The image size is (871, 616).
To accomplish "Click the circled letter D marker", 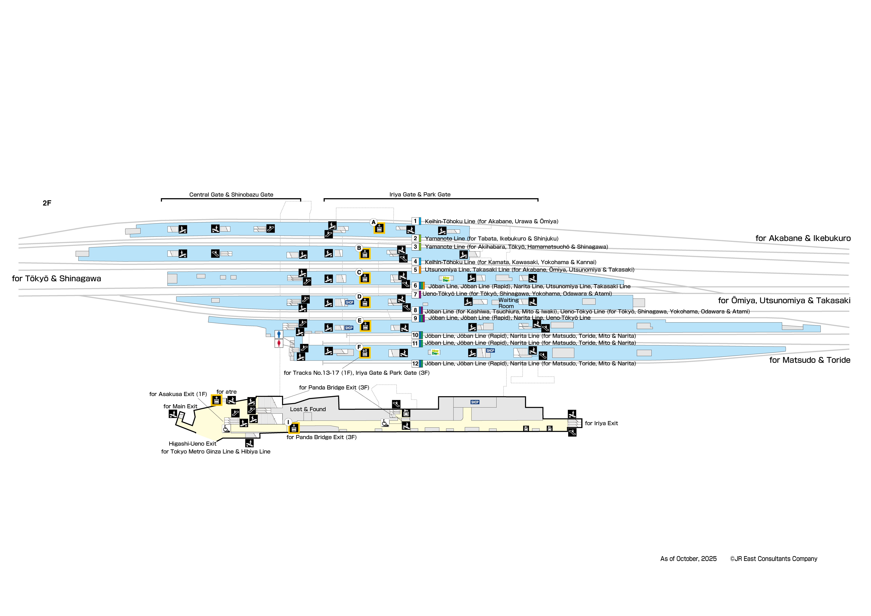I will (x=359, y=296).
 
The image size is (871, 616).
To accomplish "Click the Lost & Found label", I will (x=308, y=409).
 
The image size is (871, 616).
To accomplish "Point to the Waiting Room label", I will (x=508, y=303).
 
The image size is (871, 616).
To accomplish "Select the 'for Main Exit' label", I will (x=180, y=406).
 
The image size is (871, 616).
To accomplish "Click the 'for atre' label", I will (x=226, y=392).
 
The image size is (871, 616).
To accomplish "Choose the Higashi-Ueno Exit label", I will (x=192, y=443).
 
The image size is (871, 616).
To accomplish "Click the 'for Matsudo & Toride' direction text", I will (x=810, y=360).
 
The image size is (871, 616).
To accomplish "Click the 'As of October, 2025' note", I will (x=688, y=559).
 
